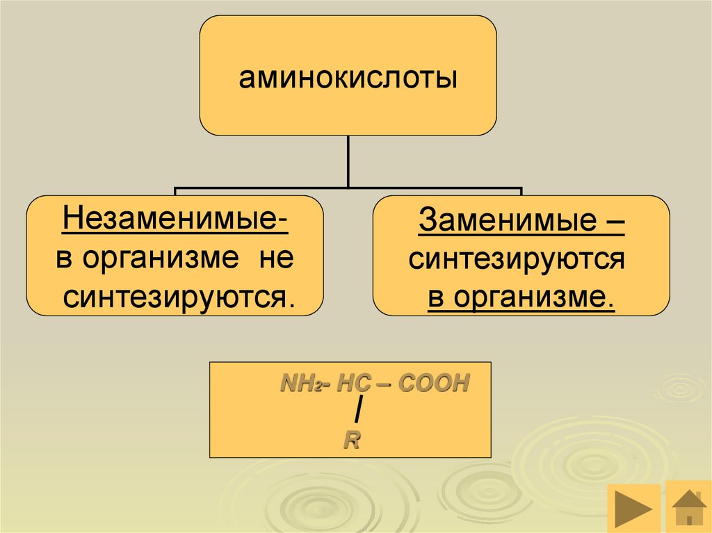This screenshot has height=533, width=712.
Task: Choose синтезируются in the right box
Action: (517, 260)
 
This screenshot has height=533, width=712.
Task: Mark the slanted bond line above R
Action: (357, 412)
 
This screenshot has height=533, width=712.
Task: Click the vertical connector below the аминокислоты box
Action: (348, 161)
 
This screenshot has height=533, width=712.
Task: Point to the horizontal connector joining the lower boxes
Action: (348, 187)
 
